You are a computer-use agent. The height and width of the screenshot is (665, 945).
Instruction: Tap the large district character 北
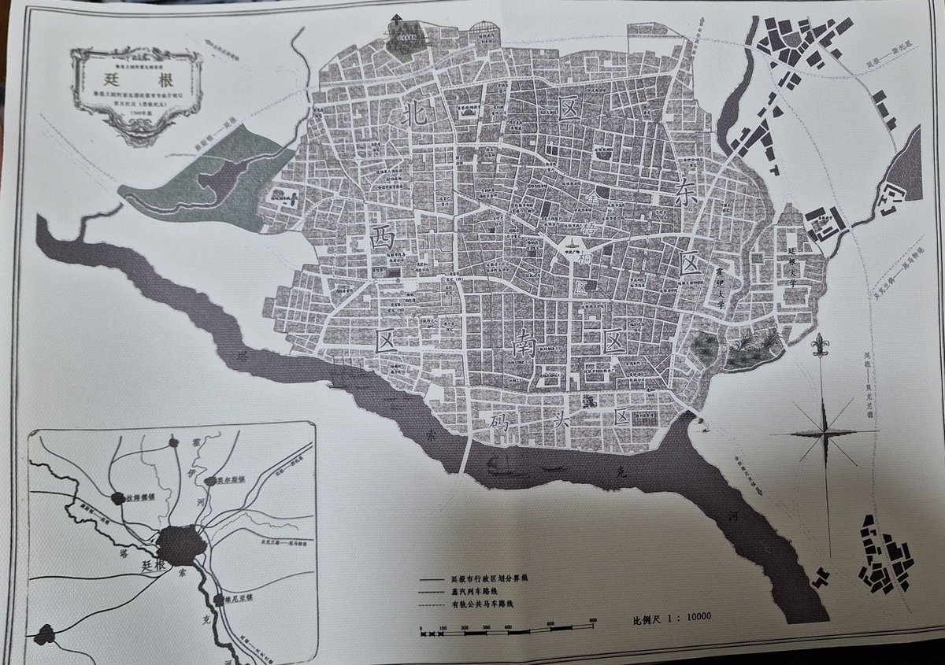pyautogui.click(x=415, y=114)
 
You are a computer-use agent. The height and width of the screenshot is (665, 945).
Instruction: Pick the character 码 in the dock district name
pyautogui.click(x=499, y=418)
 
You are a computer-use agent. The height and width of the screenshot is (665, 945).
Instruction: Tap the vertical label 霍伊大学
pyautogui.click(x=720, y=286)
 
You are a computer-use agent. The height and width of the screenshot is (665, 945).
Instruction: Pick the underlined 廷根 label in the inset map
pyautogui.click(x=151, y=566)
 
